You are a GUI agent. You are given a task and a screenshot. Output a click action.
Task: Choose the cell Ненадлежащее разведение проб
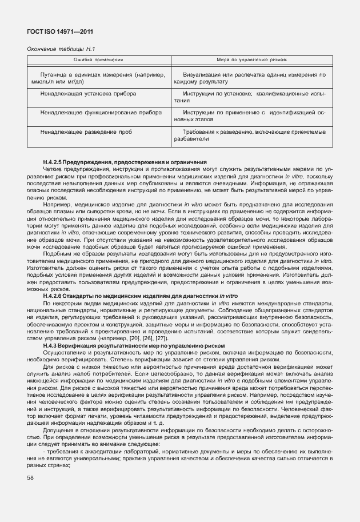point(81,132)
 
